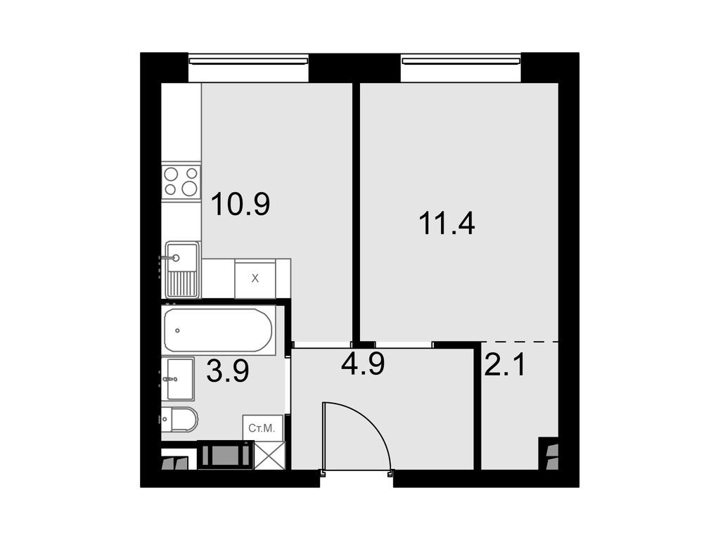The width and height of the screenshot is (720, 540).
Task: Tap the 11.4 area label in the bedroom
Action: click(447, 224)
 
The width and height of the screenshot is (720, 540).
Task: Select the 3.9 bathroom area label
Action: click(227, 371)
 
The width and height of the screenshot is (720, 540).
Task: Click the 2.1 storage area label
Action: click(505, 364)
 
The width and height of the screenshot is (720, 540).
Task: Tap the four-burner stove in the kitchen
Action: click(181, 181)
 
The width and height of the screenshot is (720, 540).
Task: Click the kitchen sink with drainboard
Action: click(181, 269)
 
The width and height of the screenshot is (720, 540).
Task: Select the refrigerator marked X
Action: click(255, 278)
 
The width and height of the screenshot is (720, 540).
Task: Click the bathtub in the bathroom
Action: click(218, 330)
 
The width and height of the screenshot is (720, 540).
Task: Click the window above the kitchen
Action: click(249, 61)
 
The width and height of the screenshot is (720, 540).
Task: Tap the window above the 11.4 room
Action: click(461, 61)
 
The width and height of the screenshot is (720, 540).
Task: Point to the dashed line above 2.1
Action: click(520, 342)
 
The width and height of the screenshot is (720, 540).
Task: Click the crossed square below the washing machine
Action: click(270, 455)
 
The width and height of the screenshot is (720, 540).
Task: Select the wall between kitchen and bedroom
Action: click(356, 211)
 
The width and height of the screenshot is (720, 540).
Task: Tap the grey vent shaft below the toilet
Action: click(225, 455)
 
